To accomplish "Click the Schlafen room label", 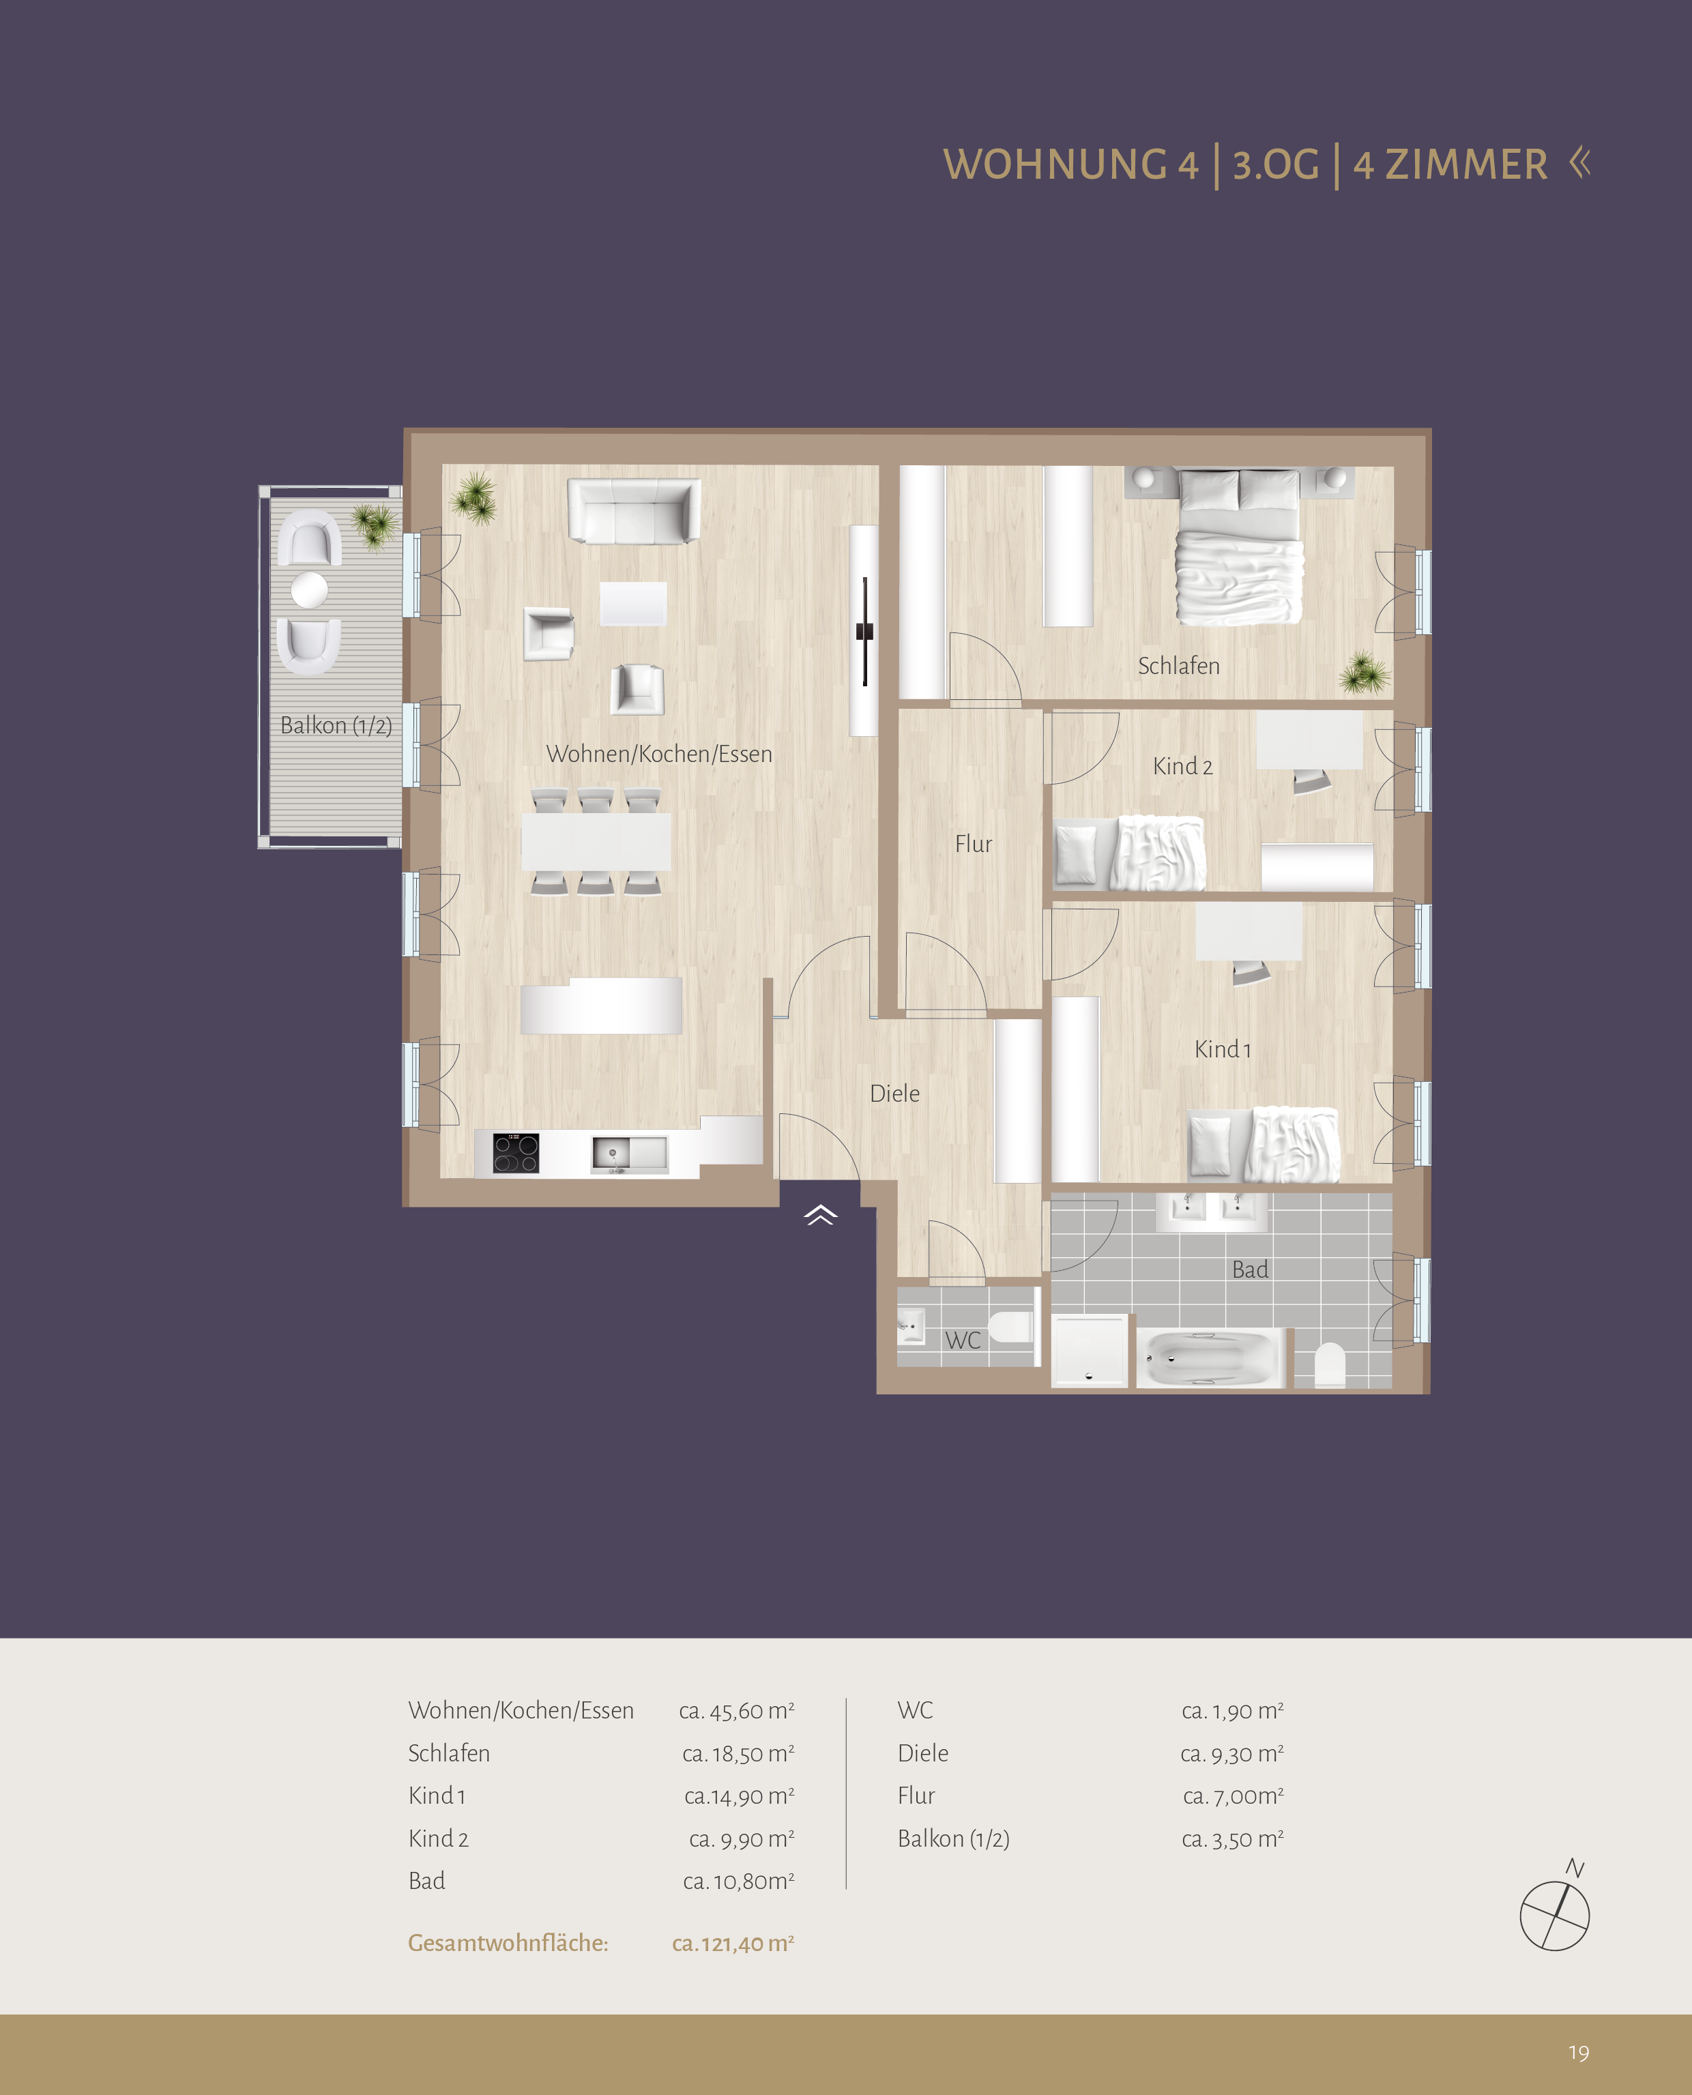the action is click(1178, 666).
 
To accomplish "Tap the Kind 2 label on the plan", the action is click(1182, 766).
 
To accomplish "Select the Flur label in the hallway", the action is click(973, 843).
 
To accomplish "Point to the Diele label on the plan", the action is click(894, 1094).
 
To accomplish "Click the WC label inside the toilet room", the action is click(962, 1340).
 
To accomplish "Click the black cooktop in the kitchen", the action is click(516, 1153).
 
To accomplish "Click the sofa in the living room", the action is click(634, 510).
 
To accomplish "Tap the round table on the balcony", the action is click(309, 589).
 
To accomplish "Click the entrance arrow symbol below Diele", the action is click(821, 1214).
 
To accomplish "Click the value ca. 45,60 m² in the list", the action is click(737, 1710).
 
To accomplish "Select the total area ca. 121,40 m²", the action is click(733, 1943).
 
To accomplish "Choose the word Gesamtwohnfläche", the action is click(508, 1942).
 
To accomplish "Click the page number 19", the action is click(1579, 2053).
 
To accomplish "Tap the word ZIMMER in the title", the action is click(1466, 164).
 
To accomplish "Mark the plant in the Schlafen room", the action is click(1364, 673).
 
